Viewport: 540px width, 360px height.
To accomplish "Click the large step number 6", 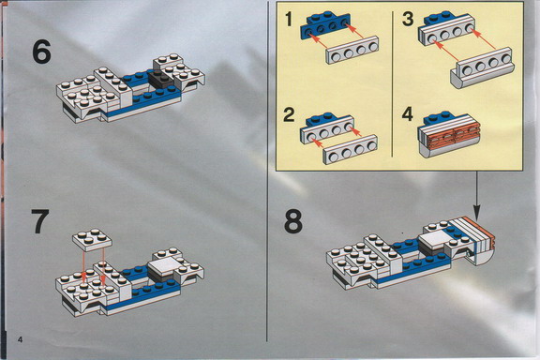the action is coord(41,52).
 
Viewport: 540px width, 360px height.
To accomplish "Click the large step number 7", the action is coord(40,221).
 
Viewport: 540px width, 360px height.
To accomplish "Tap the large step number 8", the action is coord(293,222).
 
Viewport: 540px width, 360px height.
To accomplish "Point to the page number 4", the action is coord(21,339).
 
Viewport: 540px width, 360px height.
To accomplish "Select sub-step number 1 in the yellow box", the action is coord(289,19).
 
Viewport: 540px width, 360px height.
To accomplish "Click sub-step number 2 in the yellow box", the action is coord(289,114).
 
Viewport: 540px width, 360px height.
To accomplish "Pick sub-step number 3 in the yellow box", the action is coord(408,19).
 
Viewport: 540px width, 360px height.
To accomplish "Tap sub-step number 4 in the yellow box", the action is coord(408,114).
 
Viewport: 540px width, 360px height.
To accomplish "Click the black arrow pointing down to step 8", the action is coord(476,196).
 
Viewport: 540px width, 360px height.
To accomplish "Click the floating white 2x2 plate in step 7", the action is coord(92,238).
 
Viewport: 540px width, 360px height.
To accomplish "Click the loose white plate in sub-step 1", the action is coord(352,50).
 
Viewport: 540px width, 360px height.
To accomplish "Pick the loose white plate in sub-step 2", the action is coord(351,149).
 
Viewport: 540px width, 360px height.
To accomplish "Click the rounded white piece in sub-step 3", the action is coord(482,67).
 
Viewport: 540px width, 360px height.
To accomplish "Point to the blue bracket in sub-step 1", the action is coord(325,24).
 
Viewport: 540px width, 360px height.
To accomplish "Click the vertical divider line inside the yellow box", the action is coord(392,83).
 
